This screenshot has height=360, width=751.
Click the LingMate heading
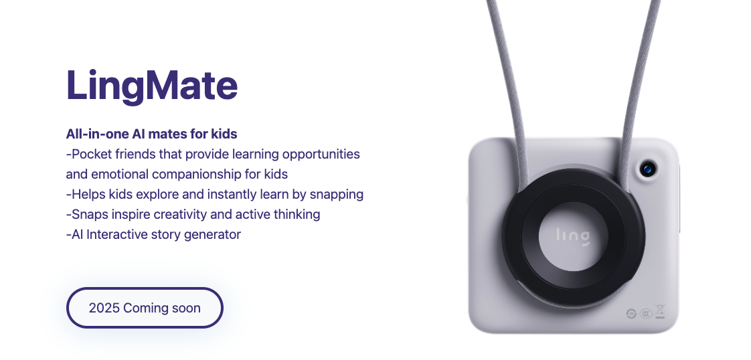[152, 86]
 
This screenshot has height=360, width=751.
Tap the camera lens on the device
[648, 169]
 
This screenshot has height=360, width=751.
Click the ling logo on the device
[574, 236]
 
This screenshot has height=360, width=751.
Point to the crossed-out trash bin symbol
[660, 311]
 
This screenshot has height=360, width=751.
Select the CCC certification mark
[646, 314]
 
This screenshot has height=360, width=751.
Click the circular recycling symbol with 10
[632, 314]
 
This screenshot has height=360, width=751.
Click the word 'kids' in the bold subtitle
[224, 134]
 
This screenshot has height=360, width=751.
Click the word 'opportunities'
[321, 154]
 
